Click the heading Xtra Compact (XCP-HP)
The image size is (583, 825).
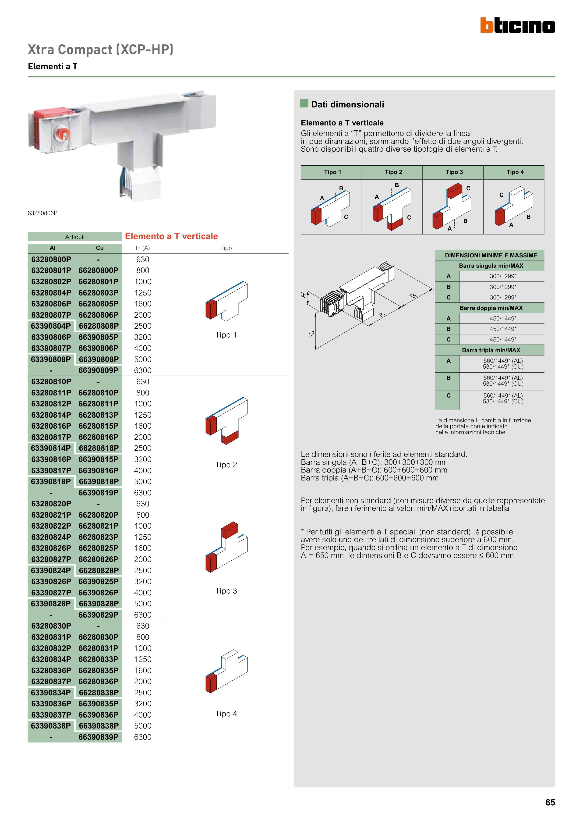click(x=101, y=50)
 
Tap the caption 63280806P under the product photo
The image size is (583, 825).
click(x=42, y=213)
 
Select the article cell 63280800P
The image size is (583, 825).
click(x=51, y=260)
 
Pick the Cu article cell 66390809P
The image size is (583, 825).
click(x=99, y=370)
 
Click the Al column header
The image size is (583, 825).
click(x=53, y=248)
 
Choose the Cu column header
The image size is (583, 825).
click(x=99, y=248)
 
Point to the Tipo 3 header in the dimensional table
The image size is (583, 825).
click(x=454, y=172)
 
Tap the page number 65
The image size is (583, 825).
click(x=550, y=802)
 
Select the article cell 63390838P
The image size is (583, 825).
click(x=51, y=726)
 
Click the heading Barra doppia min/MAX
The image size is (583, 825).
click(x=491, y=308)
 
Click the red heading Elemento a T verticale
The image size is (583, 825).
click(x=171, y=236)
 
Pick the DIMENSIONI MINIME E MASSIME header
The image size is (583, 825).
click(x=491, y=256)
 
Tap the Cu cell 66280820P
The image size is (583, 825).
click(x=99, y=515)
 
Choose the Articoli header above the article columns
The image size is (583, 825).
click(x=75, y=237)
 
